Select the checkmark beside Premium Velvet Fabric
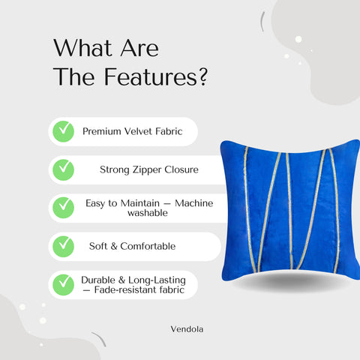pos(63,131)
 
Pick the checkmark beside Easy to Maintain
pos(63,206)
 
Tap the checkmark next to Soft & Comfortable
pos(63,244)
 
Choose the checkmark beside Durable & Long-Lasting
pos(63,283)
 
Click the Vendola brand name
pos(185,328)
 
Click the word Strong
pos(115,169)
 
